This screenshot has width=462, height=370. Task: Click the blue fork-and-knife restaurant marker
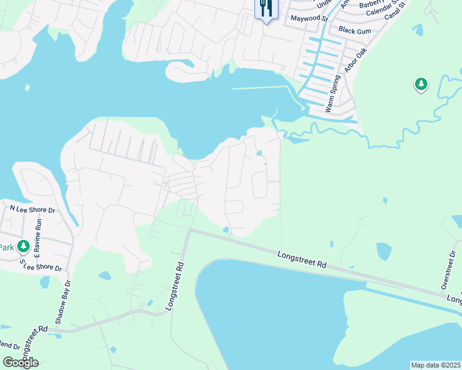267,9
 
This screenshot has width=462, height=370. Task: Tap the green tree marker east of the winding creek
421,84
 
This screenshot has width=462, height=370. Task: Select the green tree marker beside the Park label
23,247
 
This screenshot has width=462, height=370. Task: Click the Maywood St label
309,18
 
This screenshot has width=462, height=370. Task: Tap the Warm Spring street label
333,93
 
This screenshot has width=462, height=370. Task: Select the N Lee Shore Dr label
32,209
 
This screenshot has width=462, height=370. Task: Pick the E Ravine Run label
36,239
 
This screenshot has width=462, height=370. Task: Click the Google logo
20,363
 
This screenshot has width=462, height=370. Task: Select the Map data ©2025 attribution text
435,365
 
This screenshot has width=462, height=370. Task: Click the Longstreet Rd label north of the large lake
301,259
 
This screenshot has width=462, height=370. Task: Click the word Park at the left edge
6,247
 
